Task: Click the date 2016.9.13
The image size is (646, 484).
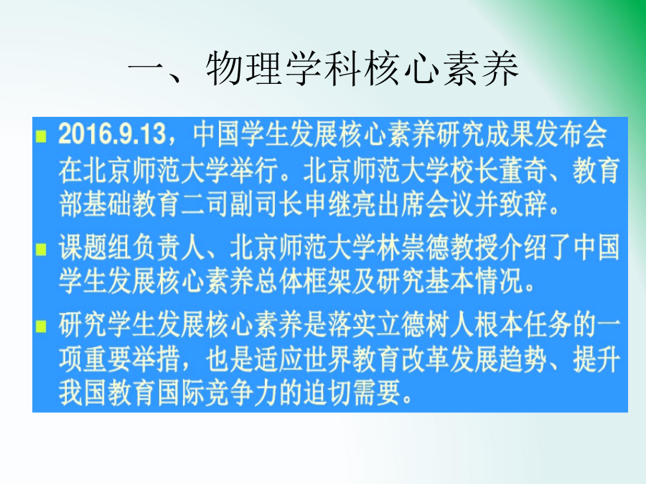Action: pyautogui.click(x=112, y=134)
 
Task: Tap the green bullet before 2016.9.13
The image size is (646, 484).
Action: pyautogui.click(x=41, y=136)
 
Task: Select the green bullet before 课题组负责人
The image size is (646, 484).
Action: pyautogui.click(x=41, y=250)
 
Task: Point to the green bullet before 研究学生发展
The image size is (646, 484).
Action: pyautogui.click(x=41, y=326)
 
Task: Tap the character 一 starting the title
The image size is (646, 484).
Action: pyautogui.click(x=146, y=68)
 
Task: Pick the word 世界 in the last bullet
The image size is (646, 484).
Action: pyautogui.click(x=327, y=359)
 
